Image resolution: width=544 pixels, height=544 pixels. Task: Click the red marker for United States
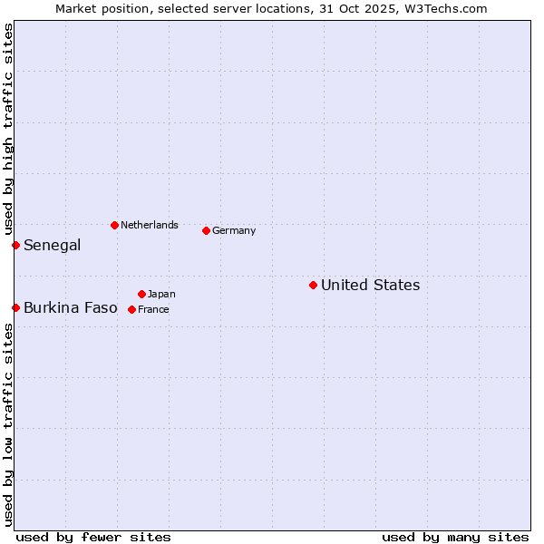[x=313, y=286]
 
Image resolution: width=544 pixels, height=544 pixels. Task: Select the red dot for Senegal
[x=15, y=245]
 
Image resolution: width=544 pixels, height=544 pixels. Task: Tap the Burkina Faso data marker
[x=15, y=308]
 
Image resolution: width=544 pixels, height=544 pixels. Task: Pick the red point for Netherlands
[x=114, y=225]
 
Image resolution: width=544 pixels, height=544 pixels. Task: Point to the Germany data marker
[x=206, y=230]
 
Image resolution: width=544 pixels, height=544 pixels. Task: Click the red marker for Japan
[x=141, y=294]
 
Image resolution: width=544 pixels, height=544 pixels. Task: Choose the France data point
[x=131, y=309]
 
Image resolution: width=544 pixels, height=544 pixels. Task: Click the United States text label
[x=370, y=286]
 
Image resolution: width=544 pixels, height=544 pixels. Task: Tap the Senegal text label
[x=52, y=246]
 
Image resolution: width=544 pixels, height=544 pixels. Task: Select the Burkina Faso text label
[x=70, y=308]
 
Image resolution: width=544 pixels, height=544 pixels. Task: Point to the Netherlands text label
[x=150, y=225]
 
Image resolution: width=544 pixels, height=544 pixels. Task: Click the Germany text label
[x=234, y=230]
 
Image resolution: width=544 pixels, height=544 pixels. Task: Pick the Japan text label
[x=161, y=294]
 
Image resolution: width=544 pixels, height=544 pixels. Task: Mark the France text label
[x=153, y=309]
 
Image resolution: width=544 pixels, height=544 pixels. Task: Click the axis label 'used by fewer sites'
[x=93, y=537]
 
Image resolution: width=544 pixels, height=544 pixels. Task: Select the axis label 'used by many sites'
[x=455, y=537]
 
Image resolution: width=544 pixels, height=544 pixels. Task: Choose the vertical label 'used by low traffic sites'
[x=8, y=424]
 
